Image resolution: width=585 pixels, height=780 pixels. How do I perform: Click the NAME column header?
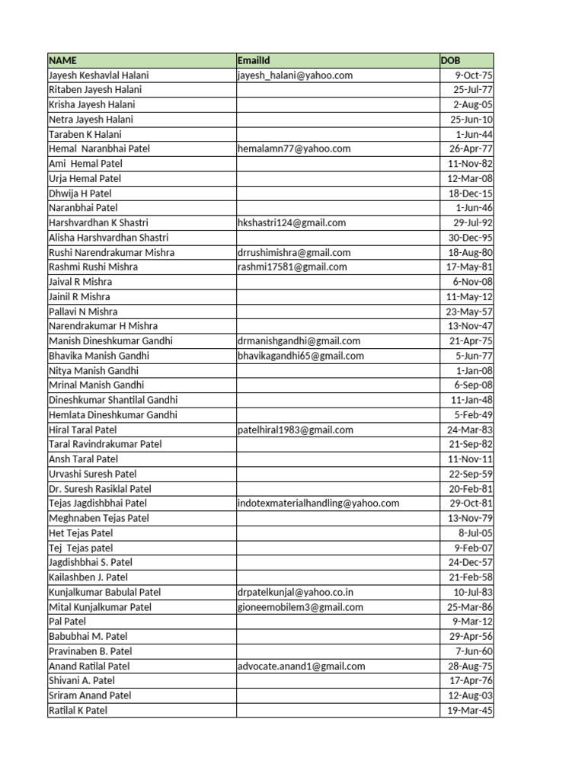[x=62, y=60]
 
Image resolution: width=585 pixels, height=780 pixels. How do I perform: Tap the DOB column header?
[x=450, y=60]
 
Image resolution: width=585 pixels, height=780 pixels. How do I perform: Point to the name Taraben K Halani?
[x=85, y=134]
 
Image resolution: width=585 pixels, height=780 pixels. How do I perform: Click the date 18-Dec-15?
[x=471, y=193]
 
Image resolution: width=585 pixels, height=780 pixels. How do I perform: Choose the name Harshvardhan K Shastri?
[x=98, y=222]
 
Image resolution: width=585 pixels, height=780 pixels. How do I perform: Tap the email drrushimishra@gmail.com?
[x=294, y=252]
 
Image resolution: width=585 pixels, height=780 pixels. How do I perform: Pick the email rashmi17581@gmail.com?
[x=292, y=267]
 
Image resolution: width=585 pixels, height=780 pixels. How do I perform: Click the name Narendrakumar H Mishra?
[x=103, y=326]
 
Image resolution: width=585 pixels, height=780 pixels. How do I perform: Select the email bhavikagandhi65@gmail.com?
[x=301, y=356]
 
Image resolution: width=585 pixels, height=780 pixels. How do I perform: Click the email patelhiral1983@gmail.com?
[x=296, y=430]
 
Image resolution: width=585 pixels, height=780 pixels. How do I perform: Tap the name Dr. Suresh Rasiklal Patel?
[x=100, y=489]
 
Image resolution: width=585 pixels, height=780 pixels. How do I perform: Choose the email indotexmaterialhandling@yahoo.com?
[x=318, y=503]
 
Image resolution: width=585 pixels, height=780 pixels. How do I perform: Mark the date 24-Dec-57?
[x=471, y=562]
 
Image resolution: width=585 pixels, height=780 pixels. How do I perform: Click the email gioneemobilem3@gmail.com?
[x=300, y=607]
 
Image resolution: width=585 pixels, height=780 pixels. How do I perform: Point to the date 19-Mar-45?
[x=470, y=711]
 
